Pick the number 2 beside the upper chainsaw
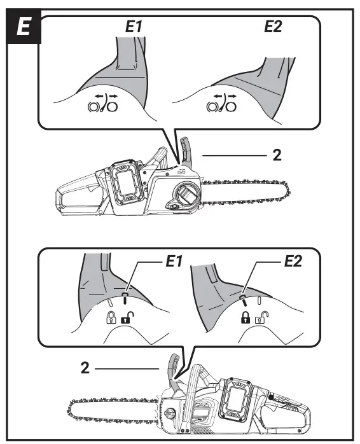pyautogui.click(x=277, y=155)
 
